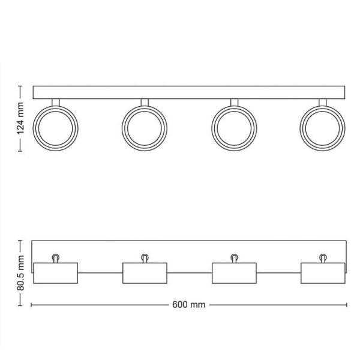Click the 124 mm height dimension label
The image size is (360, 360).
click(20, 119)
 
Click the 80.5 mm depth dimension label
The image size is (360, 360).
click(20, 273)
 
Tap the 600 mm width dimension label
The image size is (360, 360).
click(188, 304)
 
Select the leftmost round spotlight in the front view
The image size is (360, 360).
click(55, 128)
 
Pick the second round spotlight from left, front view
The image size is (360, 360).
click(145, 128)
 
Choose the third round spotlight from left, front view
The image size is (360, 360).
click(234, 128)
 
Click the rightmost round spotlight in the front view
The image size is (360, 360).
click(322, 128)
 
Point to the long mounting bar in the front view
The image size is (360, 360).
click(189, 92)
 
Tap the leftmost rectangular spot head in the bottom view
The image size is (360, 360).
click(56, 273)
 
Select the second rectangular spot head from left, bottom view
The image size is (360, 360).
click(145, 273)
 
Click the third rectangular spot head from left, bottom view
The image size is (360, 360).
click(234, 273)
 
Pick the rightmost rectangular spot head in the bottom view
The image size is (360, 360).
click(323, 273)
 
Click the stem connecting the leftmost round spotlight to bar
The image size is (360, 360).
click(55, 103)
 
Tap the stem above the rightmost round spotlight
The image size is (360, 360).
click(323, 103)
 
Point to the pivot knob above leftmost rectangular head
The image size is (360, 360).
click(56, 257)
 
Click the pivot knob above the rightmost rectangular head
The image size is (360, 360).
click(323, 257)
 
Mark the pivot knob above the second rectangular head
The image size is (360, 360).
click(145, 257)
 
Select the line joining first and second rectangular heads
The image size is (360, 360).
click(100, 273)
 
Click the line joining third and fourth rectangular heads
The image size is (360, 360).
click(278, 273)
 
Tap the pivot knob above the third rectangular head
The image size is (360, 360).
click(234, 257)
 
